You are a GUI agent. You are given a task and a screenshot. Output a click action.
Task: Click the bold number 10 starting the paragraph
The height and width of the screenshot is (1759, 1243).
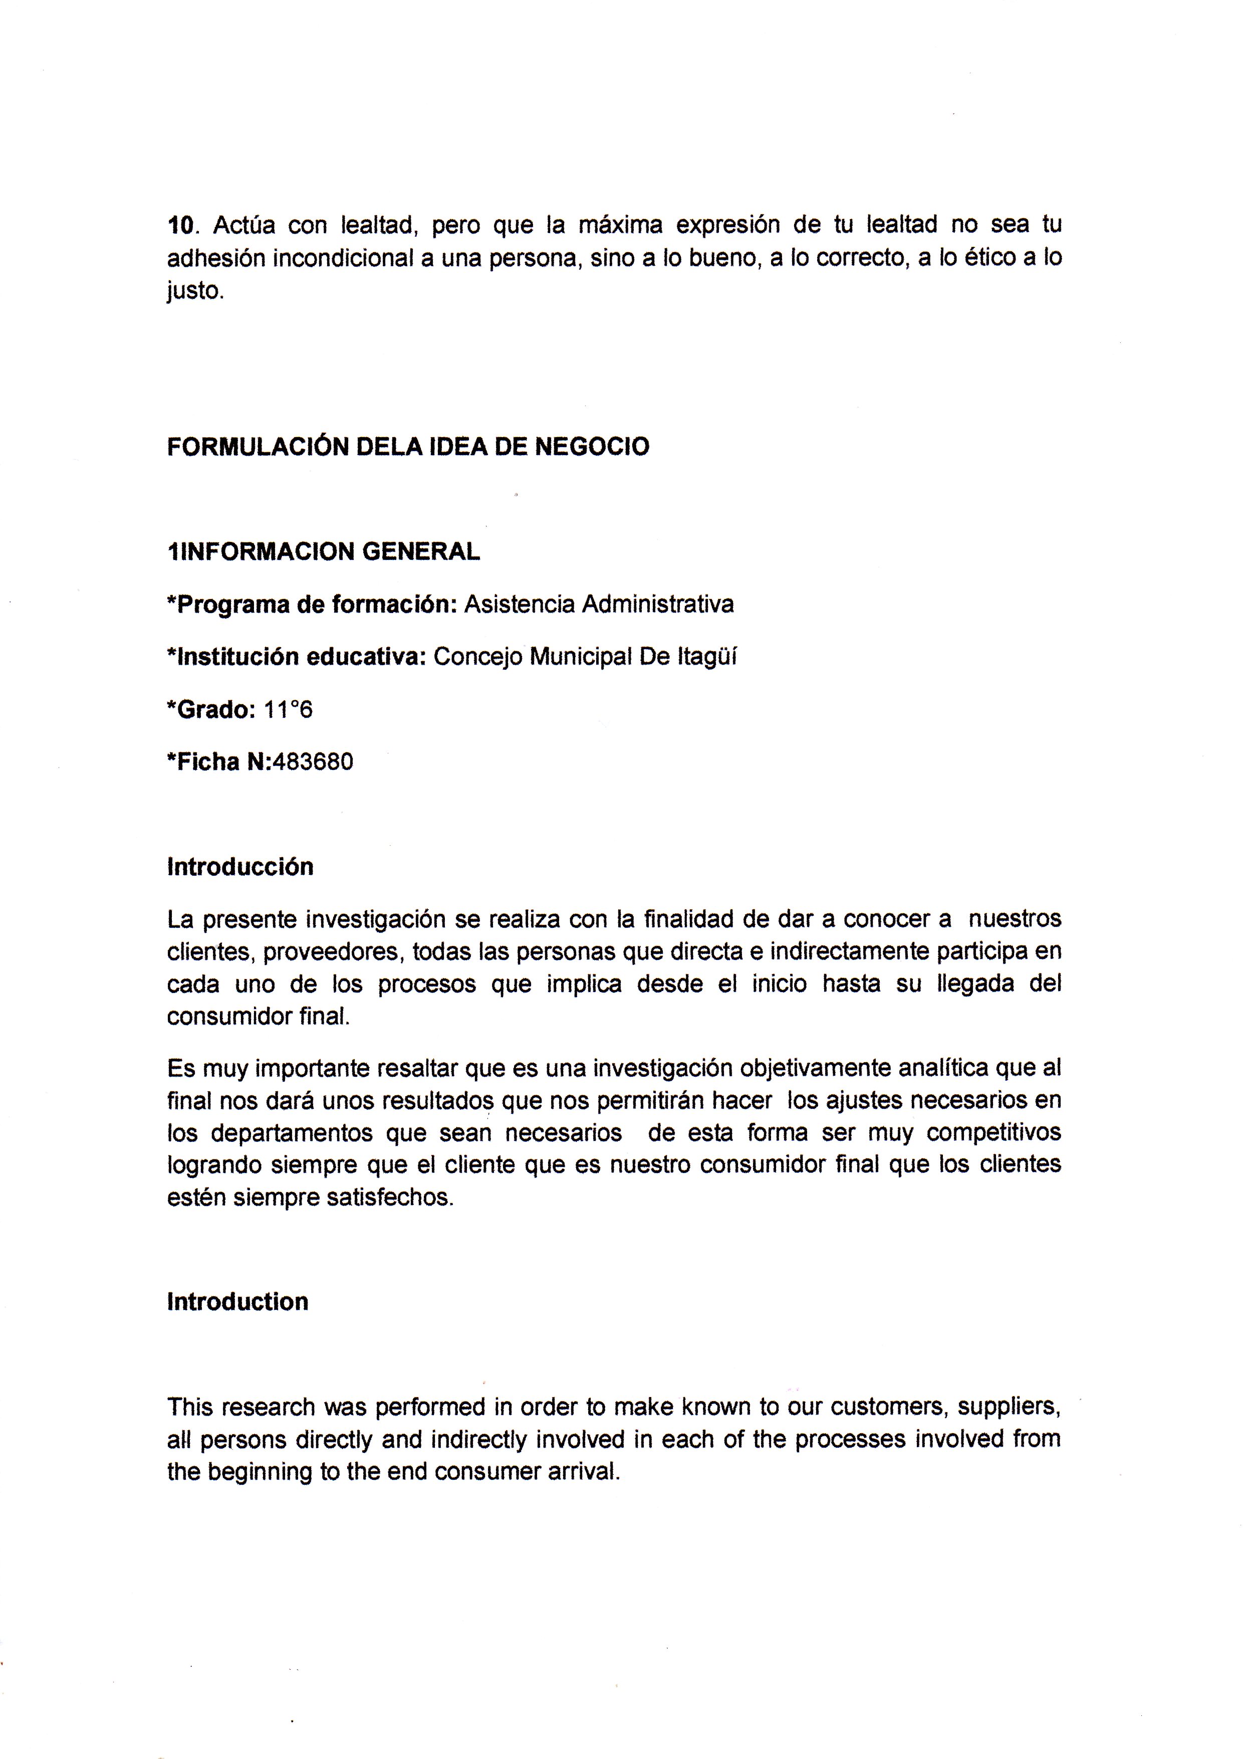tap(181, 226)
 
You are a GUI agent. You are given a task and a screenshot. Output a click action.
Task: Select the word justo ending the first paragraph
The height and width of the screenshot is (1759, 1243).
tap(194, 292)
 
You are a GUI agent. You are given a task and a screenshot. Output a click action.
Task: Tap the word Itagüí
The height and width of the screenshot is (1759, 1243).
tap(707, 657)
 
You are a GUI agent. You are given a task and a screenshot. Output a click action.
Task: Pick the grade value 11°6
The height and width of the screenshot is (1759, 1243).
tap(288, 710)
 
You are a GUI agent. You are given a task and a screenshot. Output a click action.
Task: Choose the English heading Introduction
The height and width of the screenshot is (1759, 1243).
tap(237, 1302)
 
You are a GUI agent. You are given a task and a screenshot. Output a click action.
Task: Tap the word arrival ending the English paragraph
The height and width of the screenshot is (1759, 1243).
tap(583, 1472)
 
